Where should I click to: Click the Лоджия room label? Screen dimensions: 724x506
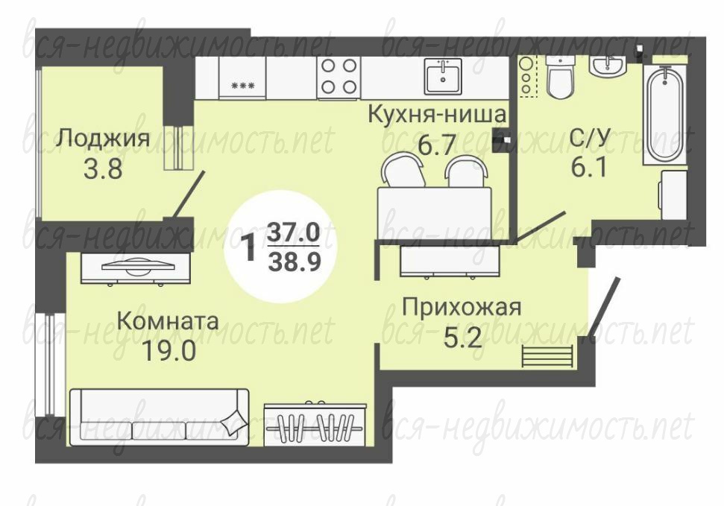pyautogui.click(x=102, y=138)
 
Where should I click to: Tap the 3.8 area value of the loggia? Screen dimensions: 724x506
pyautogui.click(x=103, y=168)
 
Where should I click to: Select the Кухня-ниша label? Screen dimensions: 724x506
pyautogui.click(x=437, y=114)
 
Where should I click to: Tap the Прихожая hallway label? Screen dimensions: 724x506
pyautogui.click(x=462, y=308)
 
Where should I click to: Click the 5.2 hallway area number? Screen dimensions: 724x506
pyautogui.click(x=462, y=338)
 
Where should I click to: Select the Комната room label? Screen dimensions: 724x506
pyautogui.click(x=168, y=321)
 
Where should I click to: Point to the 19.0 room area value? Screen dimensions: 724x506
pyautogui.click(x=169, y=352)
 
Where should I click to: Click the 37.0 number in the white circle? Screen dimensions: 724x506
pyautogui.click(x=294, y=233)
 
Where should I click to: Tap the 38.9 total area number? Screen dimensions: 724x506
pyautogui.click(x=294, y=262)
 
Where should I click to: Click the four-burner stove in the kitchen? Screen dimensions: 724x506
pyautogui.click(x=339, y=77)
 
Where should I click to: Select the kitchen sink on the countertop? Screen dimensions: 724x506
pyautogui.click(x=443, y=76)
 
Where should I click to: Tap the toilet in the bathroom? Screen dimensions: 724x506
pyautogui.click(x=560, y=77)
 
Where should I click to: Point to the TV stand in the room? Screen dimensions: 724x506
pyautogui.click(x=136, y=268)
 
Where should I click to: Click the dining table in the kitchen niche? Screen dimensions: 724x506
pyautogui.click(x=434, y=213)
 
